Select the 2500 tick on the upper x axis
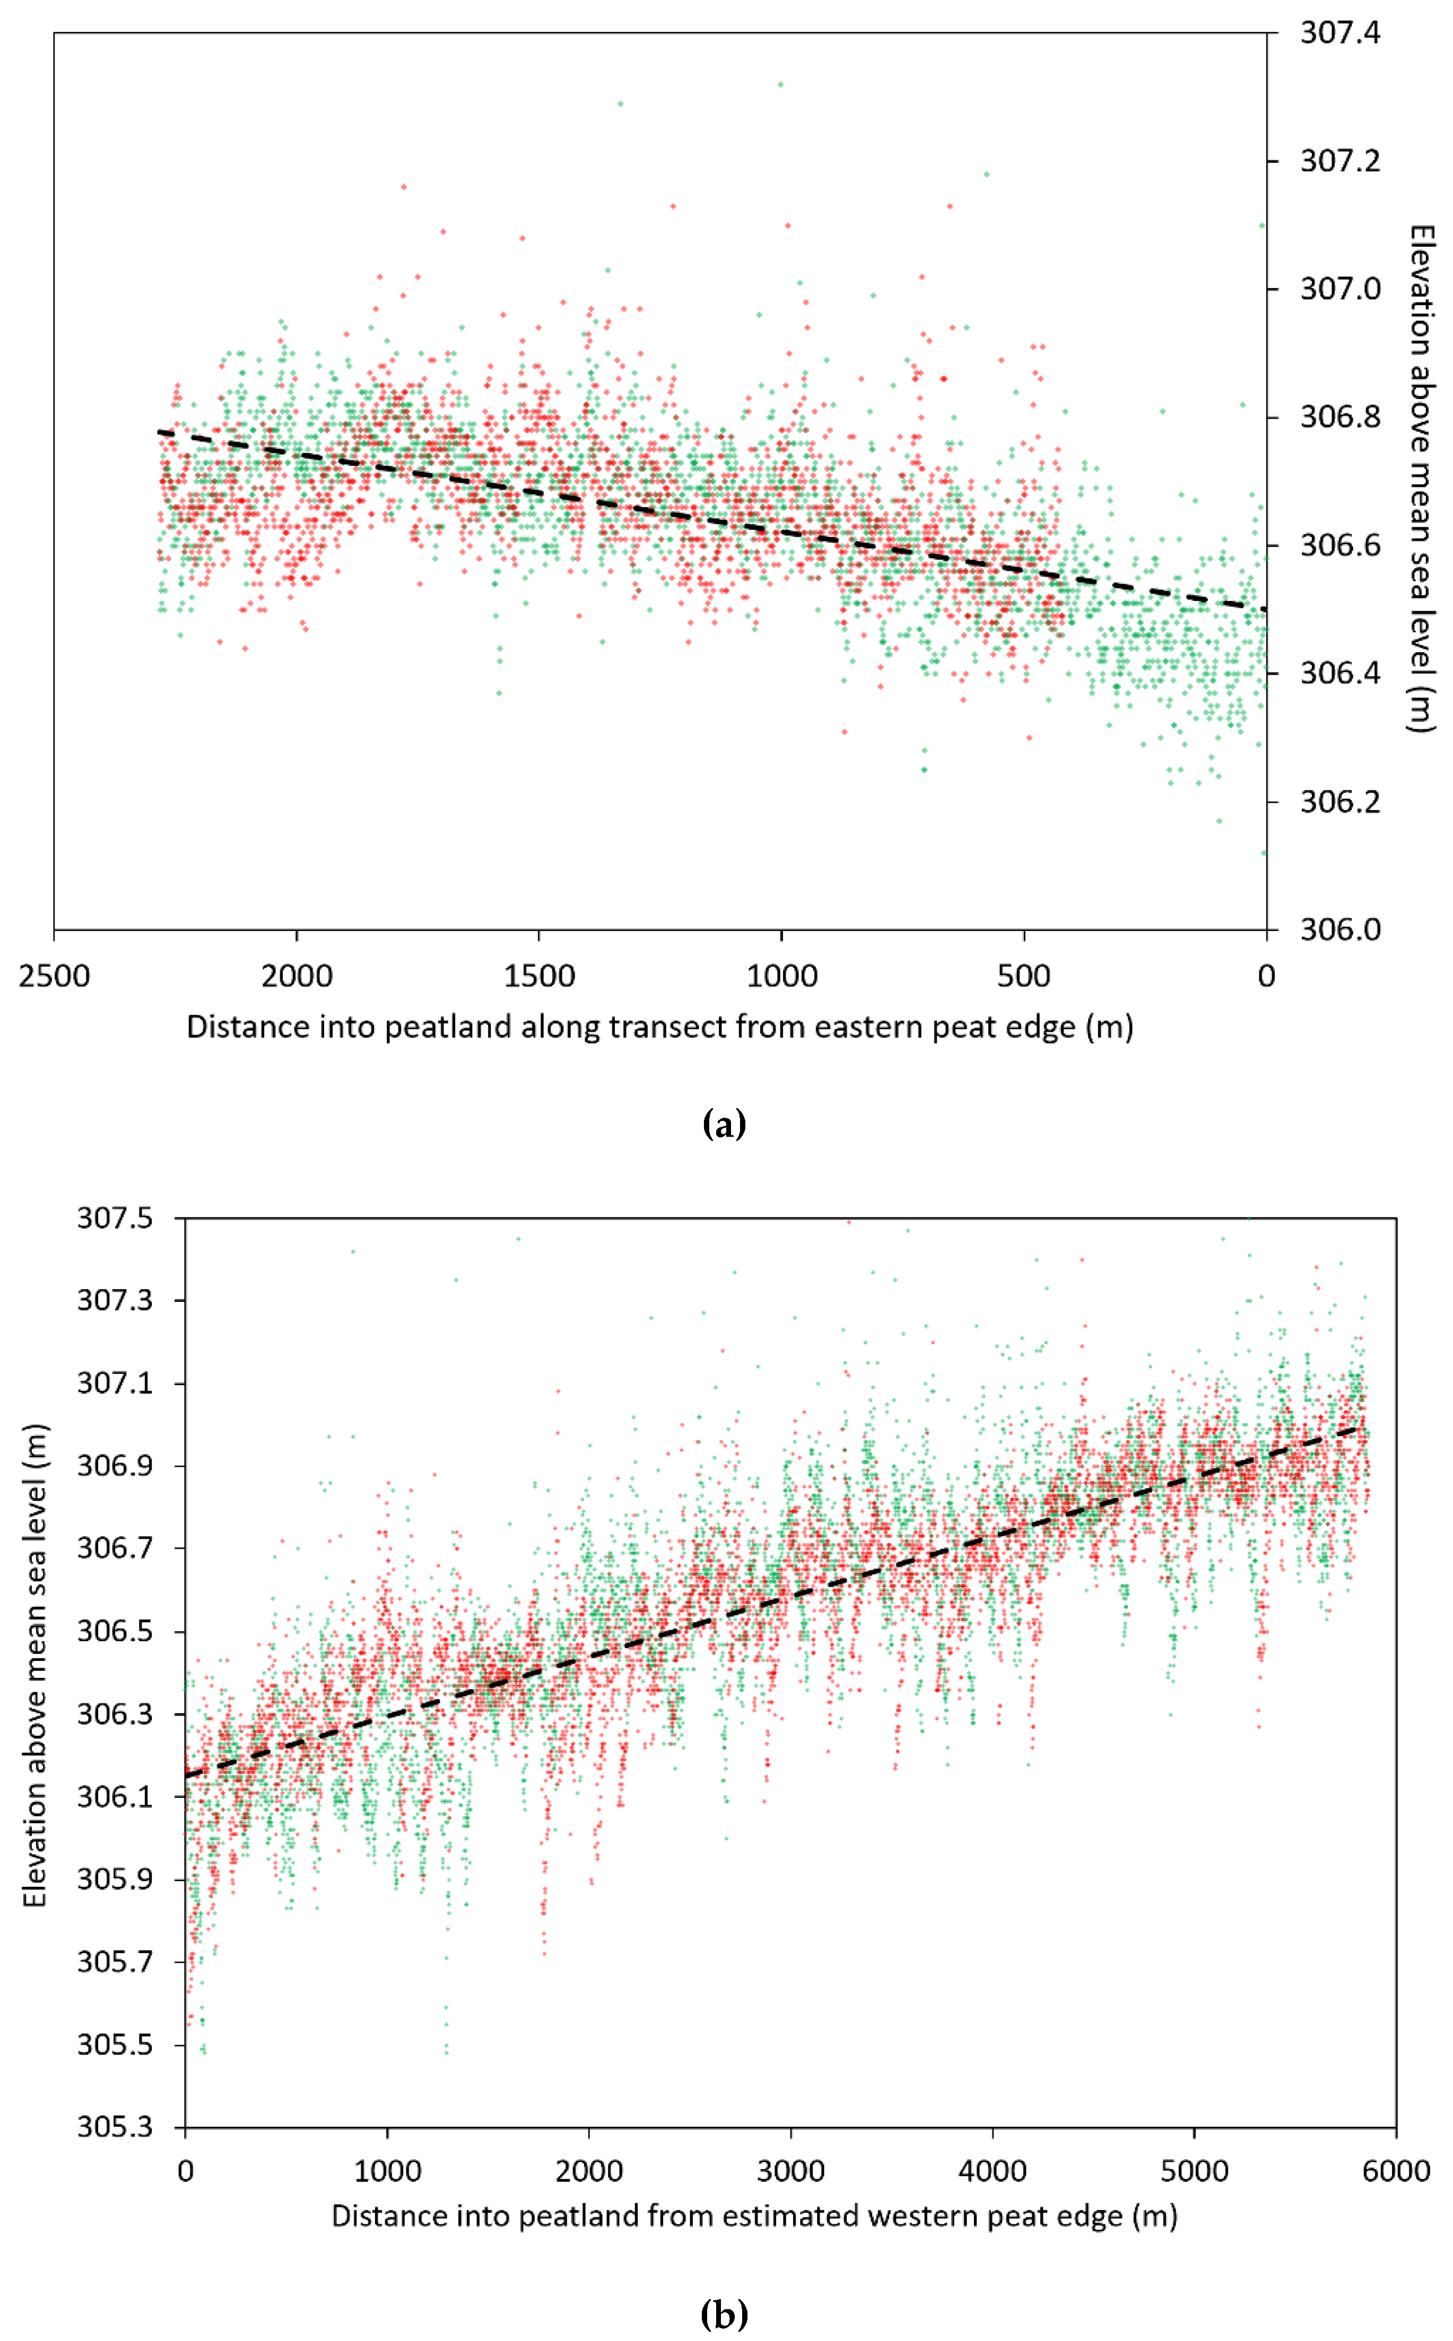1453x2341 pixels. point(55,977)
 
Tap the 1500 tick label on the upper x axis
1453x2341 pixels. point(539,977)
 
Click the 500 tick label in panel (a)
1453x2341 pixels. point(1023,977)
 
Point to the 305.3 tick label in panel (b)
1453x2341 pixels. point(115,2127)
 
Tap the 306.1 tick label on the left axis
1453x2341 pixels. point(115,1796)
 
